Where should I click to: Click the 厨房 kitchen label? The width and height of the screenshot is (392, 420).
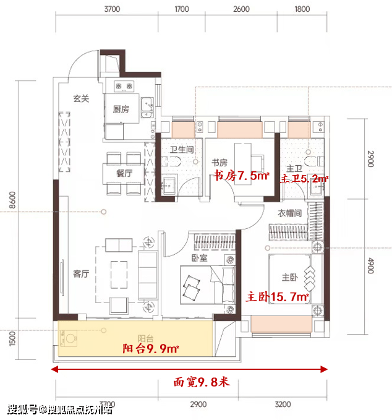[121, 109]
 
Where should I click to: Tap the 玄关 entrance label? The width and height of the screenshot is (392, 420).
[81, 98]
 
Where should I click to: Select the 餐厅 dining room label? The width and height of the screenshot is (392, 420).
[124, 173]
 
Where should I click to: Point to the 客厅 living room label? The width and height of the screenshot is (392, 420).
[81, 273]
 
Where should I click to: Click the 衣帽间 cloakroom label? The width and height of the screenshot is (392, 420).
[289, 213]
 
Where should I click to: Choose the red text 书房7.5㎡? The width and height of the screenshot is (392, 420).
[241, 176]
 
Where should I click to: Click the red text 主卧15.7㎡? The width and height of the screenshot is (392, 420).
[278, 297]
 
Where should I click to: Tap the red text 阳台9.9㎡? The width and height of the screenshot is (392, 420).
[151, 348]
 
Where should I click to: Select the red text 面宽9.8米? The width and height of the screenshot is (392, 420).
[202, 382]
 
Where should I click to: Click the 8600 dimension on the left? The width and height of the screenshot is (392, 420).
[12, 200]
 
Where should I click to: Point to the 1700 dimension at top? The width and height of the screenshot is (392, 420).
[182, 9]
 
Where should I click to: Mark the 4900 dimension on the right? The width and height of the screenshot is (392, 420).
[370, 265]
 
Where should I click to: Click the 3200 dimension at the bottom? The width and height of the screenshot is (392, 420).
[283, 404]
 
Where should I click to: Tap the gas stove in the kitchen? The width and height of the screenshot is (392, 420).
[124, 86]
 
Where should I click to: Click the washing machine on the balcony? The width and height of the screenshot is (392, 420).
[69, 338]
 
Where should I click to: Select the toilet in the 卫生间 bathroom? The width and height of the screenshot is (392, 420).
[171, 161]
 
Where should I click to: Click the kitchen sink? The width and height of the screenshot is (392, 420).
[147, 108]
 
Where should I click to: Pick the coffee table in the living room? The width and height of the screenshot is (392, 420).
[119, 275]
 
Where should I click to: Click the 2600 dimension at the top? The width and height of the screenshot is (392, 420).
[241, 9]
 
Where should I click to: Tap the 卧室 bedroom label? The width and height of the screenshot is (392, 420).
[200, 258]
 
